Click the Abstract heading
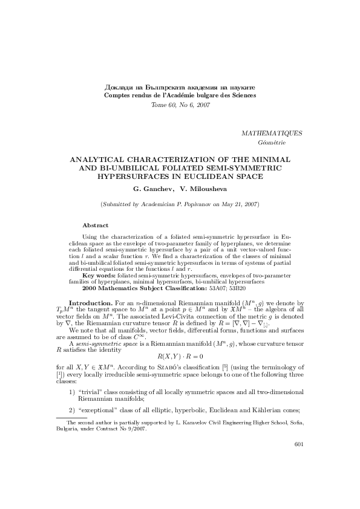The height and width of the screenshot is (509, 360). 95,225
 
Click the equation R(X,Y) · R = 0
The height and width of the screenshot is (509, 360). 180,357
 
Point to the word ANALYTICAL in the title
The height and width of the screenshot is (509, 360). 109,158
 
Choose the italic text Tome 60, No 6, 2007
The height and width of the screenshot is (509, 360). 180,105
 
